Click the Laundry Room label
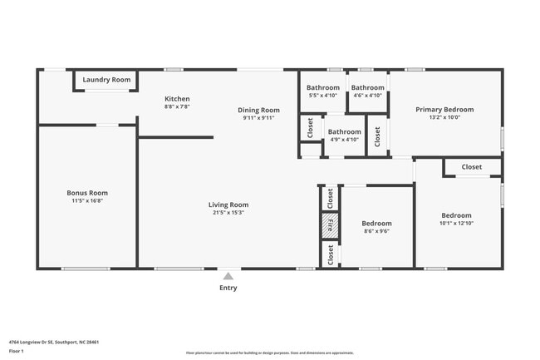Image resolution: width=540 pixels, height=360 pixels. point(106,80)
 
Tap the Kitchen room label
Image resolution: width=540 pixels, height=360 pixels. point(177,99)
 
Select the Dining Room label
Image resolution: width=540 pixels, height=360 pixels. point(258,110)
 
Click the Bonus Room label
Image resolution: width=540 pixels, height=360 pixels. point(87,193)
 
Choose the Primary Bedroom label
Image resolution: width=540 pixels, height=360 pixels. point(444,110)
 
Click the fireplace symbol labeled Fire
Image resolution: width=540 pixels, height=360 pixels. point(330,225)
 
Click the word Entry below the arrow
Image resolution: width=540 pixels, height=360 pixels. point(228,288)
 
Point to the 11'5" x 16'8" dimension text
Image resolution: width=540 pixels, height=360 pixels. point(87,200)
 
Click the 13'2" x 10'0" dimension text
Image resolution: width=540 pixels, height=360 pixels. point(444,117)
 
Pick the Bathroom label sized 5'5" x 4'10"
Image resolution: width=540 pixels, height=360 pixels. point(323,87)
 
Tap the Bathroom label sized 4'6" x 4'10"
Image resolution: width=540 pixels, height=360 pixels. point(367,87)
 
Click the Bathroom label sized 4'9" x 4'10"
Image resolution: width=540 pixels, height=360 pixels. point(344,131)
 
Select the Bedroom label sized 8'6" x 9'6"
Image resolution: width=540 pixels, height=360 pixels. point(376,223)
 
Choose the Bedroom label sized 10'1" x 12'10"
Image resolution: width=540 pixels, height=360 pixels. point(456,215)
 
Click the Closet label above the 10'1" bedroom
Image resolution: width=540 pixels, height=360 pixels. point(471,167)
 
